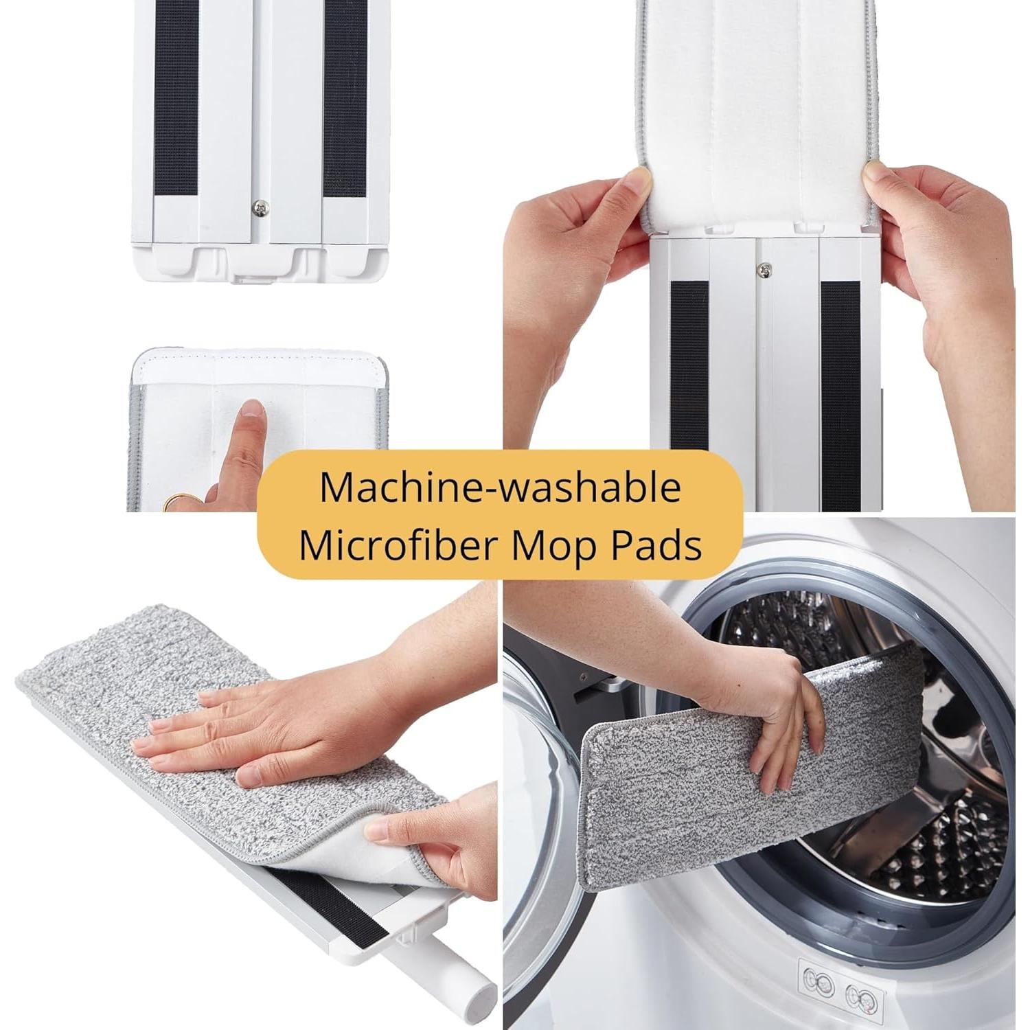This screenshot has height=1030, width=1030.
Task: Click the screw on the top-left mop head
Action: point(261,206)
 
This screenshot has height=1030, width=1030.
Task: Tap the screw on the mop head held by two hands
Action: point(762,270)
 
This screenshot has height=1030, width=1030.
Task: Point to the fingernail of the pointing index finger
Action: point(253,409)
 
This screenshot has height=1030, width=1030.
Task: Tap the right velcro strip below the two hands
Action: point(840,391)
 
